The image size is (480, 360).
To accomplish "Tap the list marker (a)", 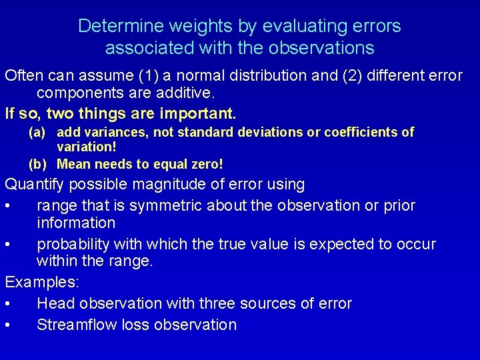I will (37, 132).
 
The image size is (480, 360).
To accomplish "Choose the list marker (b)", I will (37, 163).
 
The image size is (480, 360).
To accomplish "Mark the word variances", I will (116, 132).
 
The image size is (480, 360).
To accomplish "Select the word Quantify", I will (35, 184).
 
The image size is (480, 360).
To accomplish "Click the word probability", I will (75, 244).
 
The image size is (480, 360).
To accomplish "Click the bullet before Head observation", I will (7, 304).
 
